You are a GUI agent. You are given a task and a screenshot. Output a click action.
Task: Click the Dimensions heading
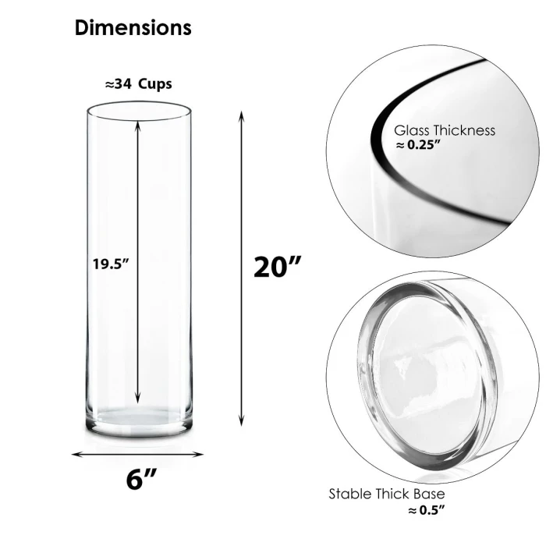[x=133, y=28]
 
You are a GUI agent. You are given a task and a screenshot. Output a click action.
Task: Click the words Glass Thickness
[x=444, y=130]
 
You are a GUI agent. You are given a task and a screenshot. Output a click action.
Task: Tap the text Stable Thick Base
[x=387, y=494]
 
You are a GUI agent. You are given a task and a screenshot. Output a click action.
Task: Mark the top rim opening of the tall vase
[x=138, y=109]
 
